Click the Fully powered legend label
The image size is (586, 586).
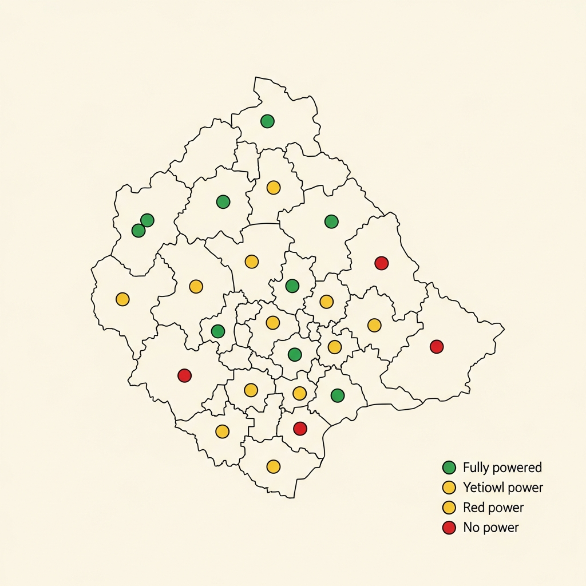(502, 468)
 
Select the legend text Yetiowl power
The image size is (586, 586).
(502, 488)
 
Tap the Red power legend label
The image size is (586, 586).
(493, 508)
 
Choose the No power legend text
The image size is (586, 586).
(490, 527)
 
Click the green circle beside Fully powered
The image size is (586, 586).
(449, 468)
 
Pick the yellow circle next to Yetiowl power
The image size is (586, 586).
(449, 488)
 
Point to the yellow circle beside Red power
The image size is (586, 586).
(449, 508)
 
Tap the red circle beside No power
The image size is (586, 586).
(449, 527)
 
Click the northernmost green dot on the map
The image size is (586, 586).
(267, 121)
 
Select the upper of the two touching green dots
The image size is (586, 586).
(147, 220)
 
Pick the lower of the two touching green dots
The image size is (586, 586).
(138, 231)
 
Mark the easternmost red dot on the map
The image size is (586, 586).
(437, 346)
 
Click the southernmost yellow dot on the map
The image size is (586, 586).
(274, 466)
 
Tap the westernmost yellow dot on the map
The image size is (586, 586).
(122, 299)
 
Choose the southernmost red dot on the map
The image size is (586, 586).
(300, 428)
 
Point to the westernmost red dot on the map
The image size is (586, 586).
(184, 375)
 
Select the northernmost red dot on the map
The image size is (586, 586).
(381, 263)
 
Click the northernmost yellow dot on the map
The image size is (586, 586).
(274, 187)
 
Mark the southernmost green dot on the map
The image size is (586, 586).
(338, 395)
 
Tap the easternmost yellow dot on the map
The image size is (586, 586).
(374, 325)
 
